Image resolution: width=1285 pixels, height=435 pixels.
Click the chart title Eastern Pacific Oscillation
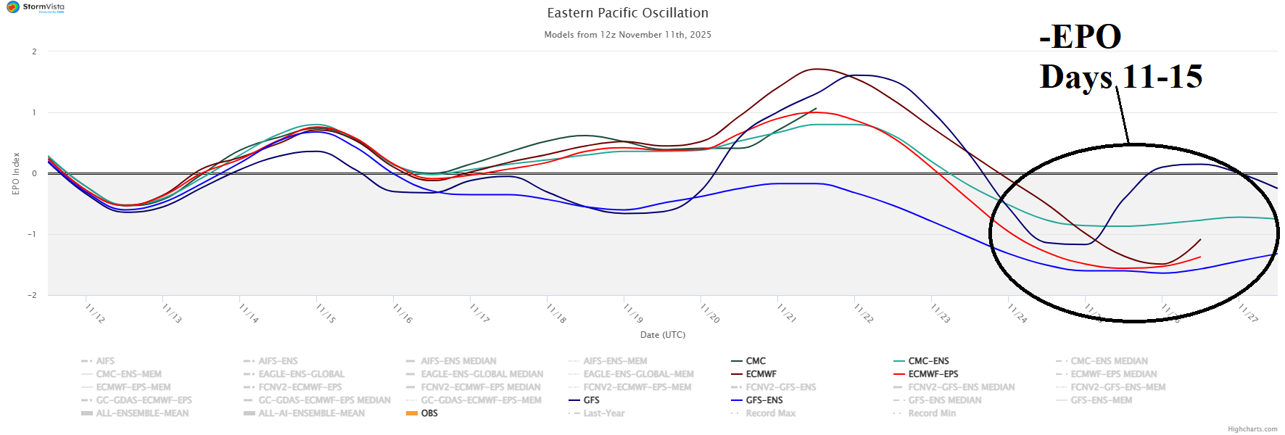[x=627, y=13]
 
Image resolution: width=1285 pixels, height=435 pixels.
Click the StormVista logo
[x=36, y=7]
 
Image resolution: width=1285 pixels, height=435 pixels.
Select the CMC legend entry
[x=756, y=361]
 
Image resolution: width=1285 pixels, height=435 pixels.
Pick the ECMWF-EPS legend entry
[x=933, y=374]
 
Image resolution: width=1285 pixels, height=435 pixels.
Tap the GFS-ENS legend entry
[x=764, y=400]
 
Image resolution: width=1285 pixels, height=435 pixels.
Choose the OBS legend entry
[x=429, y=413]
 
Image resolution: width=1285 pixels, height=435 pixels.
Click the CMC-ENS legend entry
[x=928, y=361]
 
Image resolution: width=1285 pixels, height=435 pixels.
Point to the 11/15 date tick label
[x=325, y=313]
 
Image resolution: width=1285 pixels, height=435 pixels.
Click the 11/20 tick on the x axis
[x=709, y=313]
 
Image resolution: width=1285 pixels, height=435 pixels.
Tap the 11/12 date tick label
[x=94, y=313]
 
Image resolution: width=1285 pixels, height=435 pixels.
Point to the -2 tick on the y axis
[x=33, y=295]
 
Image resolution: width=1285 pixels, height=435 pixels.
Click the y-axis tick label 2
[x=34, y=51]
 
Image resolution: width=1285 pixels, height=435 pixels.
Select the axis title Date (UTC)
[x=662, y=335]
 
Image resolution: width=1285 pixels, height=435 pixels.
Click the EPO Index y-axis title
[x=16, y=173]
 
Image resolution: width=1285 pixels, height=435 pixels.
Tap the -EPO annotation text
[x=1080, y=36]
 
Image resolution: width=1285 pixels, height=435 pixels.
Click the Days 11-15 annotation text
[x=1120, y=77]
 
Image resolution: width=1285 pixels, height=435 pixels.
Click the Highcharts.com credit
[x=1252, y=429]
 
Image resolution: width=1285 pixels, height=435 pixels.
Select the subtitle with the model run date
[x=627, y=35]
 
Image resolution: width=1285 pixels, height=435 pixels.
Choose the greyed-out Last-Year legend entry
[x=603, y=413]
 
